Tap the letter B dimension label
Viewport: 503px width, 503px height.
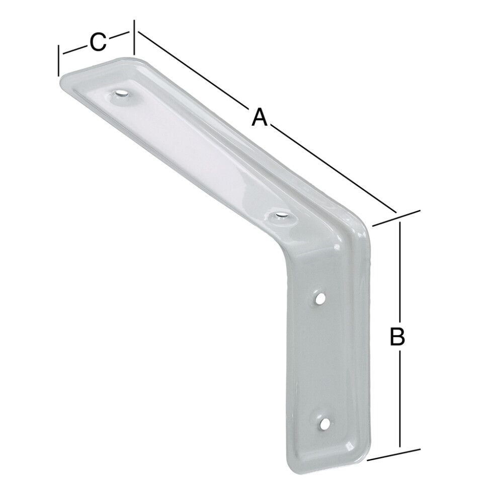point(397,337)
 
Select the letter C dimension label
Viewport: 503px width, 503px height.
point(98,42)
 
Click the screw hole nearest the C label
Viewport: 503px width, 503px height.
point(121,94)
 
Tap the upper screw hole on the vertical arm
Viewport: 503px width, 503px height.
point(319,300)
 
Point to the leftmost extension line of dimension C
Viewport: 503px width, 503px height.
point(59,60)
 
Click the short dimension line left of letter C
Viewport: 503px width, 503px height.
point(73,49)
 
